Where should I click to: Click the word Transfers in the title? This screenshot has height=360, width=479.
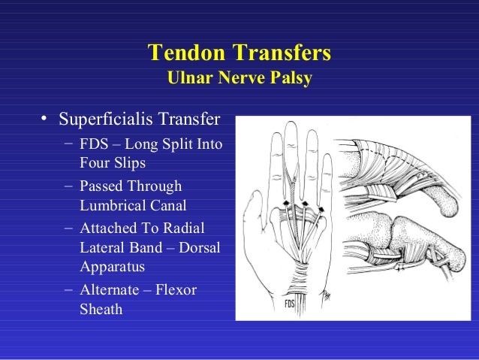pos(281,54)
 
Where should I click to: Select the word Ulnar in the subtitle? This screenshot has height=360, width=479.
pos(191,78)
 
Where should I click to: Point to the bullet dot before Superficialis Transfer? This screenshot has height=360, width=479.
pos(46,120)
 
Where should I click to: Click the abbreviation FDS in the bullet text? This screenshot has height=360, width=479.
pos(93,144)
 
